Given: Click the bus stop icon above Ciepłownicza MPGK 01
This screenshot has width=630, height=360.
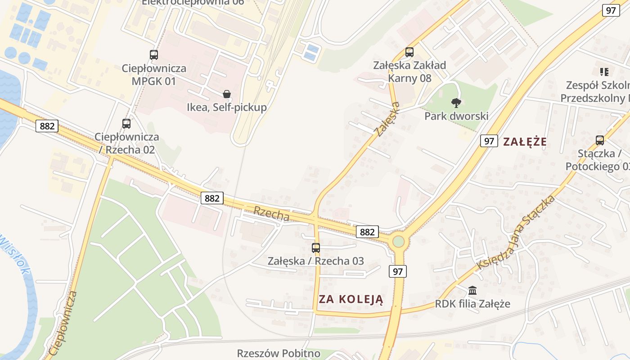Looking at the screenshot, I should [x=154, y=55].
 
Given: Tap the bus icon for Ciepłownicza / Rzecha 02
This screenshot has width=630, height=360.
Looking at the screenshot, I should [x=126, y=123].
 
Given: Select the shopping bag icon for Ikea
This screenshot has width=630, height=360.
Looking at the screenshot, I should [x=227, y=94].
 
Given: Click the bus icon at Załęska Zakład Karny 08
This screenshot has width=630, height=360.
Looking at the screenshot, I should [x=409, y=52].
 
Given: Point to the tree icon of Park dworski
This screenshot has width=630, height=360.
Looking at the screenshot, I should [x=456, y=103].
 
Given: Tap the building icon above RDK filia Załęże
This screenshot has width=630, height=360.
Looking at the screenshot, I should [x=472, y=290].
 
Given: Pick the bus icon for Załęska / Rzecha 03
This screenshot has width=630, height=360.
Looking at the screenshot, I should [x=316, y=247].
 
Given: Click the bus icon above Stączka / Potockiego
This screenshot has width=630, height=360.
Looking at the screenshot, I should [x=600, y=140].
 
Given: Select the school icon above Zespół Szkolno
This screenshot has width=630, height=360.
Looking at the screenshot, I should [x=604, y=72].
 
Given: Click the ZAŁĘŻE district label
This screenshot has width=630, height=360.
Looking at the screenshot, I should [x=525, y=142].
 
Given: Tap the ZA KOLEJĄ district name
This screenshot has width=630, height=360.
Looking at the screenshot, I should [x=351, y=299].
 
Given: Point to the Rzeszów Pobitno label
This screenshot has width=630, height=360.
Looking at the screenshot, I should [x=279, y=353].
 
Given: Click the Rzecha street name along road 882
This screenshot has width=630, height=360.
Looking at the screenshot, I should [x=271, y=213].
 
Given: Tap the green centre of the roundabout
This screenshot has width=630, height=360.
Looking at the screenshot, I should [x=398, y=242].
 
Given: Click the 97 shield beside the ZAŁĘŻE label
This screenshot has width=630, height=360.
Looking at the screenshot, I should [x=489, y=141].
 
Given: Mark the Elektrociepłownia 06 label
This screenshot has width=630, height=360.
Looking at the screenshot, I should [x=193, y=2].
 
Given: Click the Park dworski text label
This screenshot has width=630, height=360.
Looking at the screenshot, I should [x=456, y=116].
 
